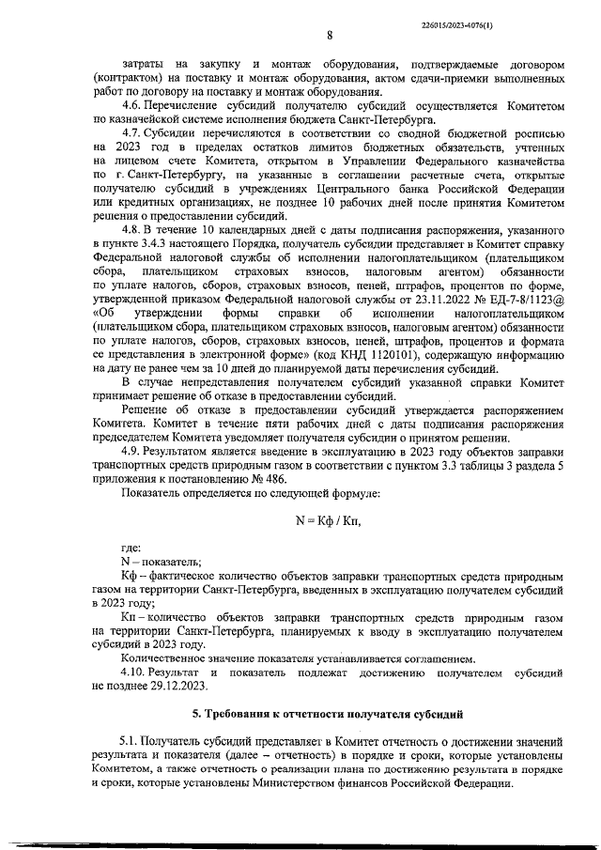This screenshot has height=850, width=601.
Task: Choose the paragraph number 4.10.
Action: coord(137,673)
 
